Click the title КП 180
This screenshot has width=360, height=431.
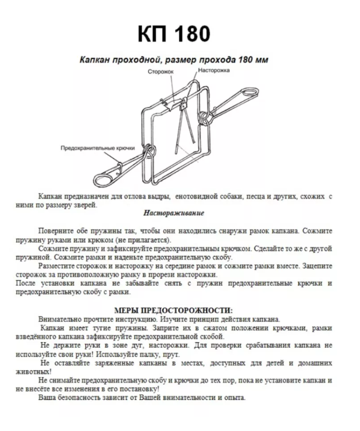(174, 34)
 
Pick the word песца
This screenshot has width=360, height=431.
(256, 196)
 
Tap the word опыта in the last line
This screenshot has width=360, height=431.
(233, 398)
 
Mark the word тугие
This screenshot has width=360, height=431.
(103, 328)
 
